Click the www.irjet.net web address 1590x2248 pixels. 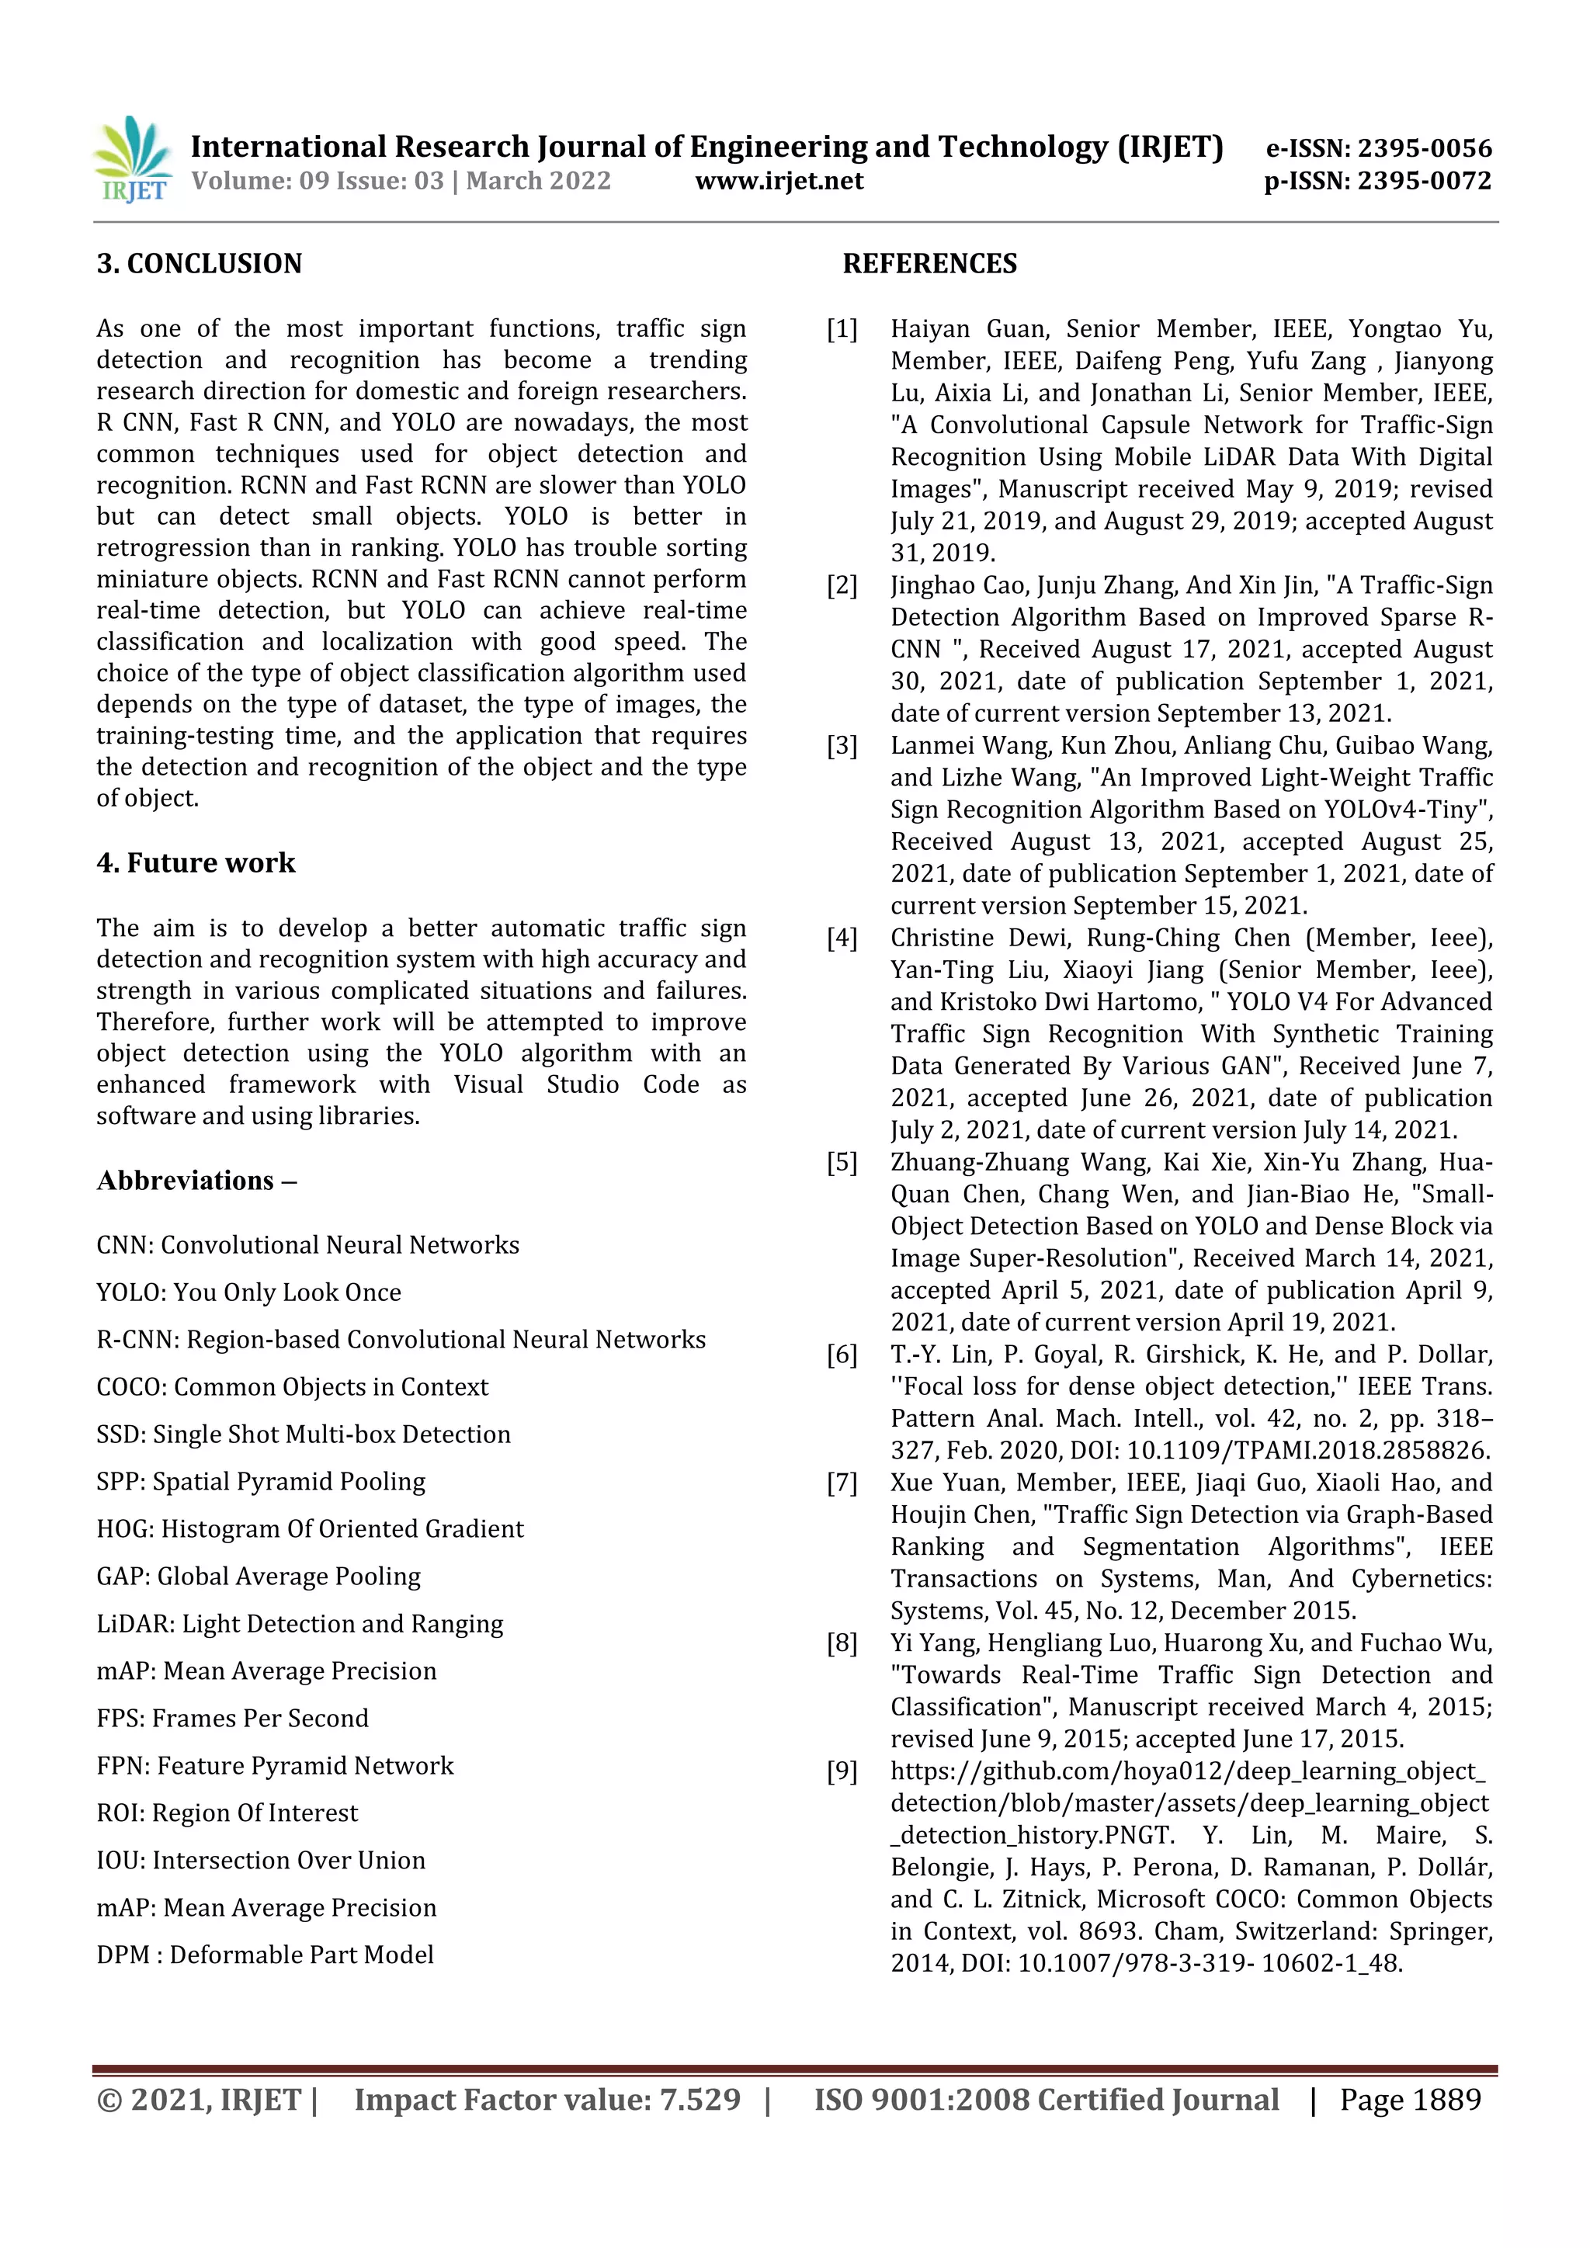[779, 181]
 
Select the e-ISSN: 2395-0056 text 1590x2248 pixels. [1379, 149]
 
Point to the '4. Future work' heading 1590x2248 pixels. [196, 862]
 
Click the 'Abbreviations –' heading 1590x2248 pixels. [196, 1181]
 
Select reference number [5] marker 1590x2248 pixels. [842, 1163]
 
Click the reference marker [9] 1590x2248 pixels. [842, 1772]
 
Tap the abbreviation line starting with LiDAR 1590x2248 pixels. [300, 1625]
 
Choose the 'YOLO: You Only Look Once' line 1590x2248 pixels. [248, 1292]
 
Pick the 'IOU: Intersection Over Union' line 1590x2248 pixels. [260, 1861]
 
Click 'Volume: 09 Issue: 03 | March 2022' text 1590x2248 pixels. [401, 181]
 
